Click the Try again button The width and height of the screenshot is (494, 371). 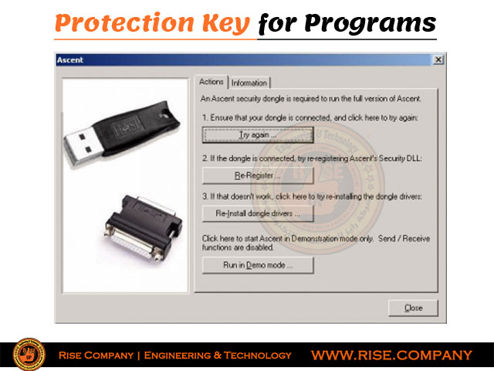(258, 134)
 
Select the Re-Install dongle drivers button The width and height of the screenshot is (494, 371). (258, 213)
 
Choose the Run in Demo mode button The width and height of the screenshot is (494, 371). (258, 265)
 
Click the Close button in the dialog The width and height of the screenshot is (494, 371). (413, 308)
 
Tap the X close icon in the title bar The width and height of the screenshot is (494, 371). (438, 60)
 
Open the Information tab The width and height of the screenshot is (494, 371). (249, 83)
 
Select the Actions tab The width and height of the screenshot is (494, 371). (211, 82)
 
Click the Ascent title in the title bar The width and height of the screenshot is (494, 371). (70, 60)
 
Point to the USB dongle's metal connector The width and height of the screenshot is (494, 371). (81, 146)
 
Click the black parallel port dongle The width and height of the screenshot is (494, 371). (144, 226)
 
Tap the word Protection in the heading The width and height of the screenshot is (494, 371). (124, 23)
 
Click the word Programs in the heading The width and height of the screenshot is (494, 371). (370, 24)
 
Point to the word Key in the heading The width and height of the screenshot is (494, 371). (226, 24)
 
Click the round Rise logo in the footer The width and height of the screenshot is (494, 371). (29, 354)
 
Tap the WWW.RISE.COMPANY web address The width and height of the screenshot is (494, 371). (391, 356)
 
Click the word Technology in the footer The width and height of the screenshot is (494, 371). (257, 356)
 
